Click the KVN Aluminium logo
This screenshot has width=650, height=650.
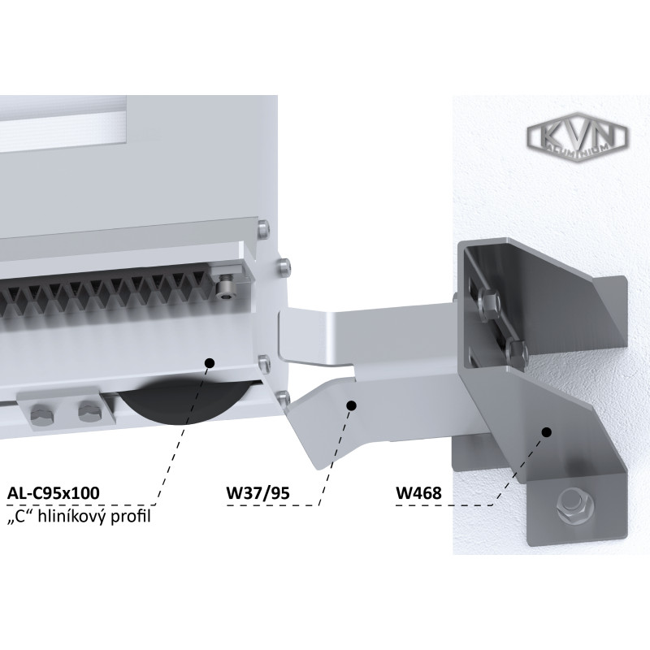(x=578, y=138)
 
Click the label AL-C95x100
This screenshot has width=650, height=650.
(x=54, y=493)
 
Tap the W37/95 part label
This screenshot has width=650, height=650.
(x=258, y=493)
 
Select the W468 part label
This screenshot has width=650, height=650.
(x=418, y=493)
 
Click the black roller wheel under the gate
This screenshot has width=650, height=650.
(x=184, y=401)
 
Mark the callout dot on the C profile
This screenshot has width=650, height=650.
(x=210, y=362)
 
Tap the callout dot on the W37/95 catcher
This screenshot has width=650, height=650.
(x=351, y=405)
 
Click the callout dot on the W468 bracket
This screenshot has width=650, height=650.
(x=547, y=432)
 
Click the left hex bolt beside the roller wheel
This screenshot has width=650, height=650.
(x=42, y=416)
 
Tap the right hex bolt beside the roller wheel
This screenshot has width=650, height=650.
(x=91, y=413)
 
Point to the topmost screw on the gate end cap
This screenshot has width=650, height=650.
(x=263, y=228)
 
